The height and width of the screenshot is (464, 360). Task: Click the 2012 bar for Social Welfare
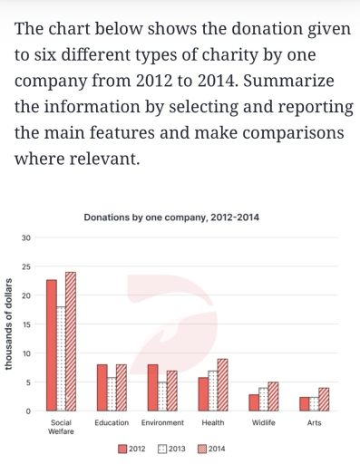[x=52, y=345]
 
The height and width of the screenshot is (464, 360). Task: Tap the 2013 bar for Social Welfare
[x=62, y=359]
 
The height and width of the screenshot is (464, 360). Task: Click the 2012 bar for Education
[x=102, y=388]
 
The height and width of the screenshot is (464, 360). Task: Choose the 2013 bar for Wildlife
[x=263, y=400]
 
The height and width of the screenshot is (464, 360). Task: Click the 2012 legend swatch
[x=122, y=449]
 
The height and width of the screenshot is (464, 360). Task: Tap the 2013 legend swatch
[x=162, y=449]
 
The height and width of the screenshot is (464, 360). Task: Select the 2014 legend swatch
[x=202, y=449]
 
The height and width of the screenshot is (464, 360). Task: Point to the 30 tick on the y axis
[x=26, y=237]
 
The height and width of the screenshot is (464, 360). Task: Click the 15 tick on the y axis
[x=26, y=324]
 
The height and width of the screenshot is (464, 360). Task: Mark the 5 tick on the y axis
[x=29, y=382]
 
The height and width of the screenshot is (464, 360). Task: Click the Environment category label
[x=163, y=423]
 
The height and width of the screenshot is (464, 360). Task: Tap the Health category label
[x=213, y=423]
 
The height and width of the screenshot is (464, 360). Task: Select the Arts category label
[x=315, y=423]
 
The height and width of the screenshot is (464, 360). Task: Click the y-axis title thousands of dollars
[x=8, y=323]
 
